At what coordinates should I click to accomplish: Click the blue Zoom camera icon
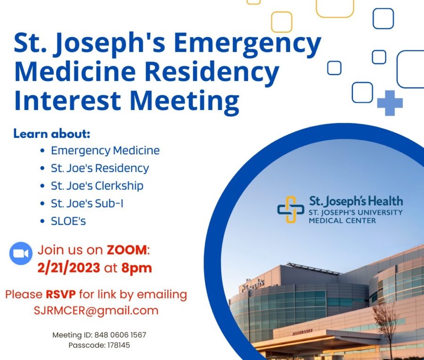21,253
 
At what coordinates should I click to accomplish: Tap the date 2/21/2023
69,268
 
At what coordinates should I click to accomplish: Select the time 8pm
137,268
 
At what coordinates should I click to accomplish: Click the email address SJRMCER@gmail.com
96,311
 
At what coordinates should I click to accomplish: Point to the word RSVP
61,295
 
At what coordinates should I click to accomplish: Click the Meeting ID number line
99,335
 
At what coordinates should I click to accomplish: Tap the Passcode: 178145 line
99,345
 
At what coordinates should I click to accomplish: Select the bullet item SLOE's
68,221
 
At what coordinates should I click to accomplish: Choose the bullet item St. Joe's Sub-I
87,203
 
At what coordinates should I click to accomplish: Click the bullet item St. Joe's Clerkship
97,186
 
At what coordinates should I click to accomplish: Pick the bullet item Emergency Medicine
105,151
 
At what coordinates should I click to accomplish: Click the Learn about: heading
52,134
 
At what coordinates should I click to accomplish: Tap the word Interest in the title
67,100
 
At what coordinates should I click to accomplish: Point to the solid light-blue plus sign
390,103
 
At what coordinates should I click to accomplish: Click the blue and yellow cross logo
291,209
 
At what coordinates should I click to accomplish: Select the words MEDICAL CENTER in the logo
342,221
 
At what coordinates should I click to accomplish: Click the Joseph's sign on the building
253,285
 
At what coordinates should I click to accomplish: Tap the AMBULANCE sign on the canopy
302,332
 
